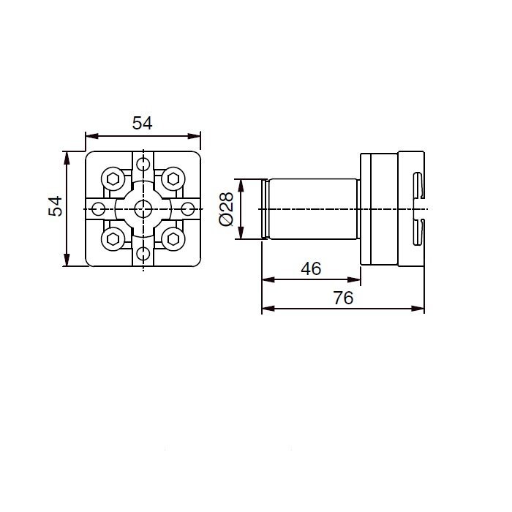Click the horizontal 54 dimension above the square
point(143,123)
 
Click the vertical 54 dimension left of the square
point(55,206)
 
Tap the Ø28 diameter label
point(227,209)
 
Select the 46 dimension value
point(311,268)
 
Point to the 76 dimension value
point(343,298)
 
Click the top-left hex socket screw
point(113,179)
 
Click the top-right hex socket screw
point(173,179)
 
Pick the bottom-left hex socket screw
point(113,239)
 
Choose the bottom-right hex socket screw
point(173,239)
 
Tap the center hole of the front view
point(143,209)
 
